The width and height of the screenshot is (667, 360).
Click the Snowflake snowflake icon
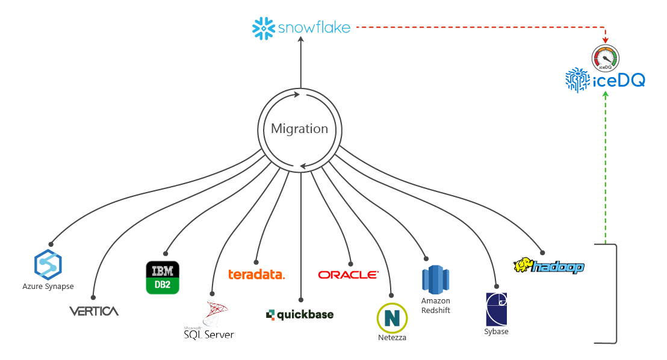(263, 28)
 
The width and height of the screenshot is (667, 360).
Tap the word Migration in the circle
(299, 128)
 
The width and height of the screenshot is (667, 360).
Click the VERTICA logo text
(93, 311)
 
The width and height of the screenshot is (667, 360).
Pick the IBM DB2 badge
(163, 278)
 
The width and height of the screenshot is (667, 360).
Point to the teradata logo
(256, 275)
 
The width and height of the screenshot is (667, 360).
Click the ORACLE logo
(349, 275)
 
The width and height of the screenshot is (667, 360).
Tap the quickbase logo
(299, 314)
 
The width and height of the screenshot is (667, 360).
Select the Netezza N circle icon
(392, 318)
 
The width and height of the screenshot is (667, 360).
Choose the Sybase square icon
(496, 309)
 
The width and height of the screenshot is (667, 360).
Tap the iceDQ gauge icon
(605, 58)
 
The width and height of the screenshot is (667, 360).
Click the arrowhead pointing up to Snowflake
(300, 40)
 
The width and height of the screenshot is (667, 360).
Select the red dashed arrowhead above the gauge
(605, 42)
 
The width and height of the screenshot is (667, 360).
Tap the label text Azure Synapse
(48, 287)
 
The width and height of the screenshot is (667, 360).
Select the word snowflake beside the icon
(314, 28)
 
